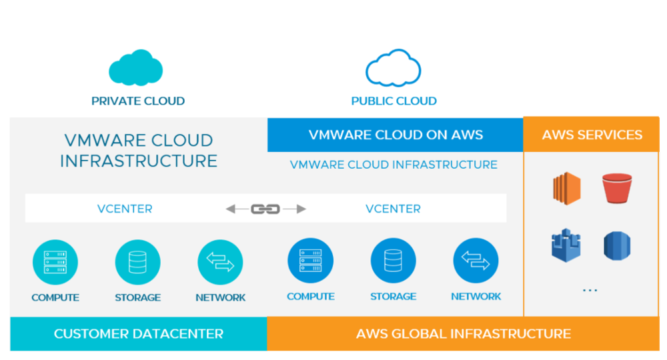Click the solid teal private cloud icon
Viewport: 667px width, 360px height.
pos(136,68)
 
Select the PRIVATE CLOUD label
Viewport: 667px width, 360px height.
pos(138,101)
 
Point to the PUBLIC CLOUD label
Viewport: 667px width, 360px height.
pos(394,101)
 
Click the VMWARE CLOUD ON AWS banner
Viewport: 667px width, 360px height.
pos(396,135)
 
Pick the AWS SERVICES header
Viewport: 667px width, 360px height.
pos(592,135)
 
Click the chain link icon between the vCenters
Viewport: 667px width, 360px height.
pos(265,209)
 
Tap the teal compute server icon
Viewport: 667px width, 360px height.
pos(55,263)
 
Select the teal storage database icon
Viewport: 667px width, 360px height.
pos(138,263)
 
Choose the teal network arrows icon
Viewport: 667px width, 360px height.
pos(220,263)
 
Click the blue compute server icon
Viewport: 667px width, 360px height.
pos(310,262)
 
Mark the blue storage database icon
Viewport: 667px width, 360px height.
pos(393,262)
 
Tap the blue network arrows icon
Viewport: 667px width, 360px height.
pos(476,262)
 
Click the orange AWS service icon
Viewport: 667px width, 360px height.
pos(566,188)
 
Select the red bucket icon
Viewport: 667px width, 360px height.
pos(616,188)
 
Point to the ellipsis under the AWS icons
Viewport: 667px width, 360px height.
pos(590,291)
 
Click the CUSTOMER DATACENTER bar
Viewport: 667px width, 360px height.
pos(139,333)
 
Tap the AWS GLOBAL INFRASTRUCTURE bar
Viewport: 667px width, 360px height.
pos(464,333)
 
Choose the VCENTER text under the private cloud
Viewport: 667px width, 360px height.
pos(125,209)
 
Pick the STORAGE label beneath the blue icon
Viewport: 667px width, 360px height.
pos(394,296)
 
